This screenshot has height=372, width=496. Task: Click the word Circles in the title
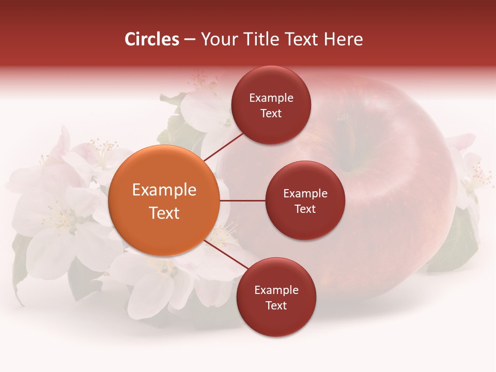(151, 39)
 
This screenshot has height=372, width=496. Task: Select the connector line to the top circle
(224, 146)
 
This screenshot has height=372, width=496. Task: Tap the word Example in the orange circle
(164, 190)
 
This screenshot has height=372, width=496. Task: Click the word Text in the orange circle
(164, 213)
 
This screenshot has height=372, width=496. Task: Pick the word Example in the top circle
(271, 98)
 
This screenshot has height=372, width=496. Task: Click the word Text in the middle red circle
(305, 209)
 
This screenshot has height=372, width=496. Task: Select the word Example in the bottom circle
(276, 290)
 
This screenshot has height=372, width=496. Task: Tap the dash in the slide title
(190, 39)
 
